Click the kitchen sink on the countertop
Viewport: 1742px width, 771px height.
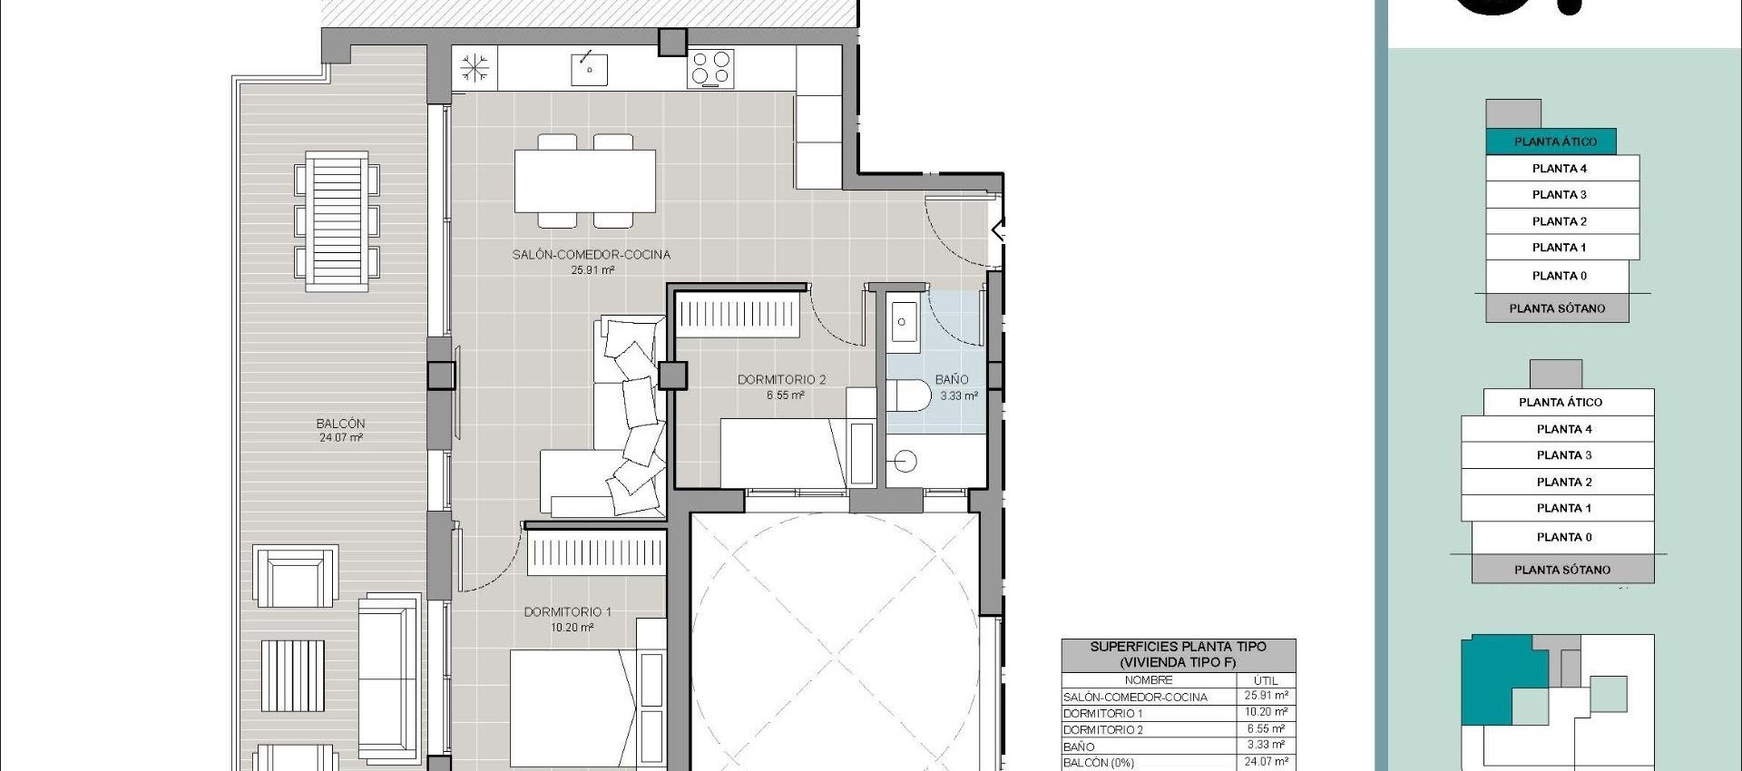[589, 69]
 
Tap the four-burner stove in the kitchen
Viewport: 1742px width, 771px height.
[710, 69]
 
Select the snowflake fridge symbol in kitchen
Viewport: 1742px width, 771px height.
[475, 69]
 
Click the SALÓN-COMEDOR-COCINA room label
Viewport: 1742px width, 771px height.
[591, 255]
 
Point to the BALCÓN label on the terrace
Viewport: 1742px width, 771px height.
[340, 424]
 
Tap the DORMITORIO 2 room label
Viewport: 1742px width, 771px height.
[781, 380]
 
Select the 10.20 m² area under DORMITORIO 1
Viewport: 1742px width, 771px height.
[572, 628]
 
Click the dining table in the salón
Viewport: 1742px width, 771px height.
[585, 181]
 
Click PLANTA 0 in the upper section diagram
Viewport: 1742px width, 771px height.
[1559, 276]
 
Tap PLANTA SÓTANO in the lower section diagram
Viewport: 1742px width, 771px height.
[1561, 570]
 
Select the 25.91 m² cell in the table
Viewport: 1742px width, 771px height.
[1265, 696]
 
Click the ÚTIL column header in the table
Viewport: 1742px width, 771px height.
[1265, 680]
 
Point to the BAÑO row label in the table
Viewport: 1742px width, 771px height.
[1079, 747]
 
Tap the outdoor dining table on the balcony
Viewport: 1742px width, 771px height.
[337, 221]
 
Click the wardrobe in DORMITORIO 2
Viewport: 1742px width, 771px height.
[737, 315]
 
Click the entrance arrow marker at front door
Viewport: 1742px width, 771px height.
[1000, 230]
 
